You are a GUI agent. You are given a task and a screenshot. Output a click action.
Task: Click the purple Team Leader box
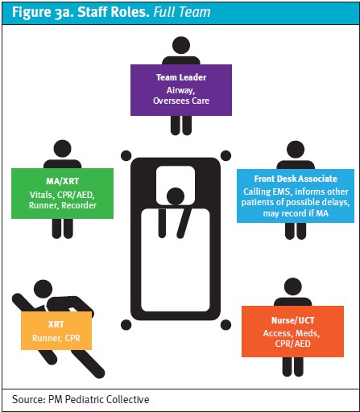(x=181, y=90)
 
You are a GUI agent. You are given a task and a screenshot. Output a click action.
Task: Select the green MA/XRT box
(x=62, y=193)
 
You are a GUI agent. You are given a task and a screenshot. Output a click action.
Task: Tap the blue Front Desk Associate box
(x=296, y=196)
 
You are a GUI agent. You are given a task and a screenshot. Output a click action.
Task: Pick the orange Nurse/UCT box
(x=292, y=332)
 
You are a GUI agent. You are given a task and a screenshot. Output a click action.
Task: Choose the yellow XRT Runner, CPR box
(x=56, y=331)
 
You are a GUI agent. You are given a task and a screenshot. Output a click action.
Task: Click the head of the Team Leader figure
(x=181, y=45)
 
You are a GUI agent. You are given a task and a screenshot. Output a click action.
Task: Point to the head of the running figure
(x=43, y=289)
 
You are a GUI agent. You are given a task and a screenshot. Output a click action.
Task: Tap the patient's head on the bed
(x=176, y=196)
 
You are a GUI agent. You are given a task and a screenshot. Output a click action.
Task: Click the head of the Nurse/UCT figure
(x=293, y=286)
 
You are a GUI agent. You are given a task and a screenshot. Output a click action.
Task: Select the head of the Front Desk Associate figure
(x=296, y=150)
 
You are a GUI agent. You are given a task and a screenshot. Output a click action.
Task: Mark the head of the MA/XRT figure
(x=63, y=149)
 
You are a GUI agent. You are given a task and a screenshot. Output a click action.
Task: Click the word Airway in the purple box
(x=180, y=91)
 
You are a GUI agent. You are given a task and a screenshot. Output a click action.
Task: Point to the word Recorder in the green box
(x=79, y=205)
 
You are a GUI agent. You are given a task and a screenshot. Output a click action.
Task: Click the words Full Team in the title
(x=182, y=12)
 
